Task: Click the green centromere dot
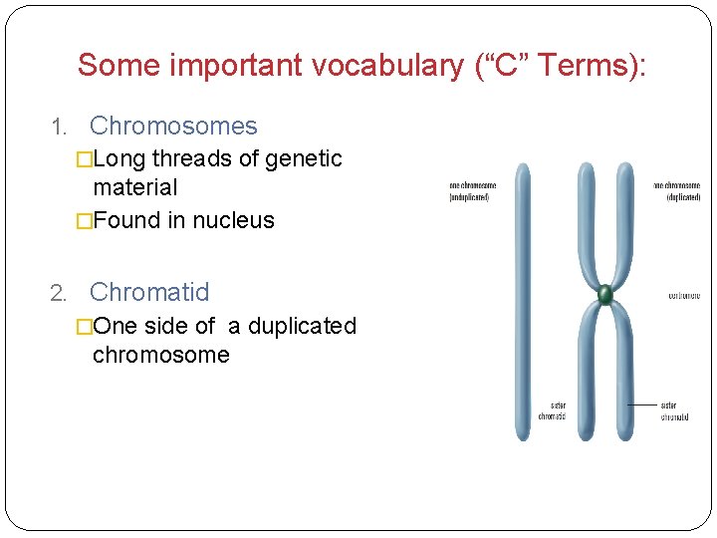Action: tap(604, 294)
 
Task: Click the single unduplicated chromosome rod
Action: tap(520, 299)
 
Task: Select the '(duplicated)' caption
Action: tap(682, 197)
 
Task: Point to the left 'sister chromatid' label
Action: tap(552, 411)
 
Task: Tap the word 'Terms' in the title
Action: tap(593, 66)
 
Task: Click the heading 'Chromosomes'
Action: tap(173, 127)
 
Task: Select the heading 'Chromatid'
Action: tap(149, 292)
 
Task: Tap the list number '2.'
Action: tap(59, 293)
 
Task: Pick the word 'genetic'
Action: tap(304, 158)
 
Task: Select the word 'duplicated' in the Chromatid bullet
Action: tap(302, 326)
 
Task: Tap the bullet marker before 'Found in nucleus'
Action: tap(84, 220)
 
